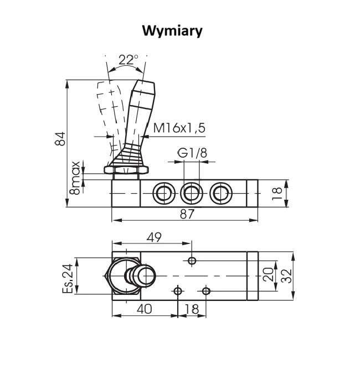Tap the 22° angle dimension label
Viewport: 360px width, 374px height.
[x=128, y=60]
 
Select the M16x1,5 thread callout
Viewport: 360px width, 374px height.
[x=179, y=128]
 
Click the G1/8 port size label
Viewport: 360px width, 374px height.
[x=192, y=153]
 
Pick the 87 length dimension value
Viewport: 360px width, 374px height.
[x=188, y=215]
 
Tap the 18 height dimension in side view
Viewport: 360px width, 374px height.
[x=277, y=193]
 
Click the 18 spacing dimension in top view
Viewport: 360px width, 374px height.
[x=191, y=310]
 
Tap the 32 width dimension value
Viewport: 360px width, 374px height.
[x=286, y=275]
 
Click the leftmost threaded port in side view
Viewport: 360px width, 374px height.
[x=163, y=193]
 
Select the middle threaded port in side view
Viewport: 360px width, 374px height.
[x=191, y=193]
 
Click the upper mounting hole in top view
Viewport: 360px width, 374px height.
[x=192, y=261]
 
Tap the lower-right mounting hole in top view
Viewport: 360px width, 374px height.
[x=206, y=291]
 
